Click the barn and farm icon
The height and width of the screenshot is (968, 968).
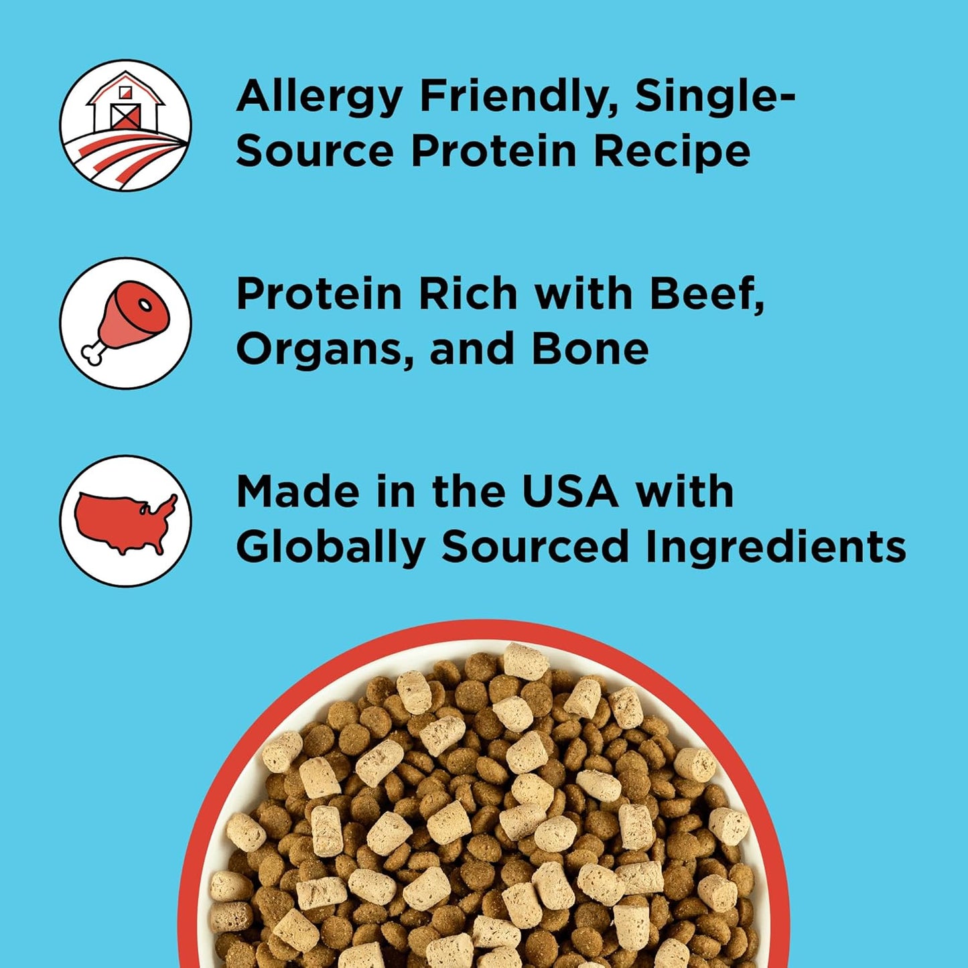click(x=125, y=125)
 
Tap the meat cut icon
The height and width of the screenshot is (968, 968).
click(x=125, y=322)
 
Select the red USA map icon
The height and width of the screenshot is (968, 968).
click(x=125, y=521)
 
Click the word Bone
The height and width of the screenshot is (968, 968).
click(x=590, y=349)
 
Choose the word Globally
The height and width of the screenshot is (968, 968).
click(x=330, y=549)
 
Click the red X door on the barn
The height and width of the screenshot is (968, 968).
click(x=125, y=117)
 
